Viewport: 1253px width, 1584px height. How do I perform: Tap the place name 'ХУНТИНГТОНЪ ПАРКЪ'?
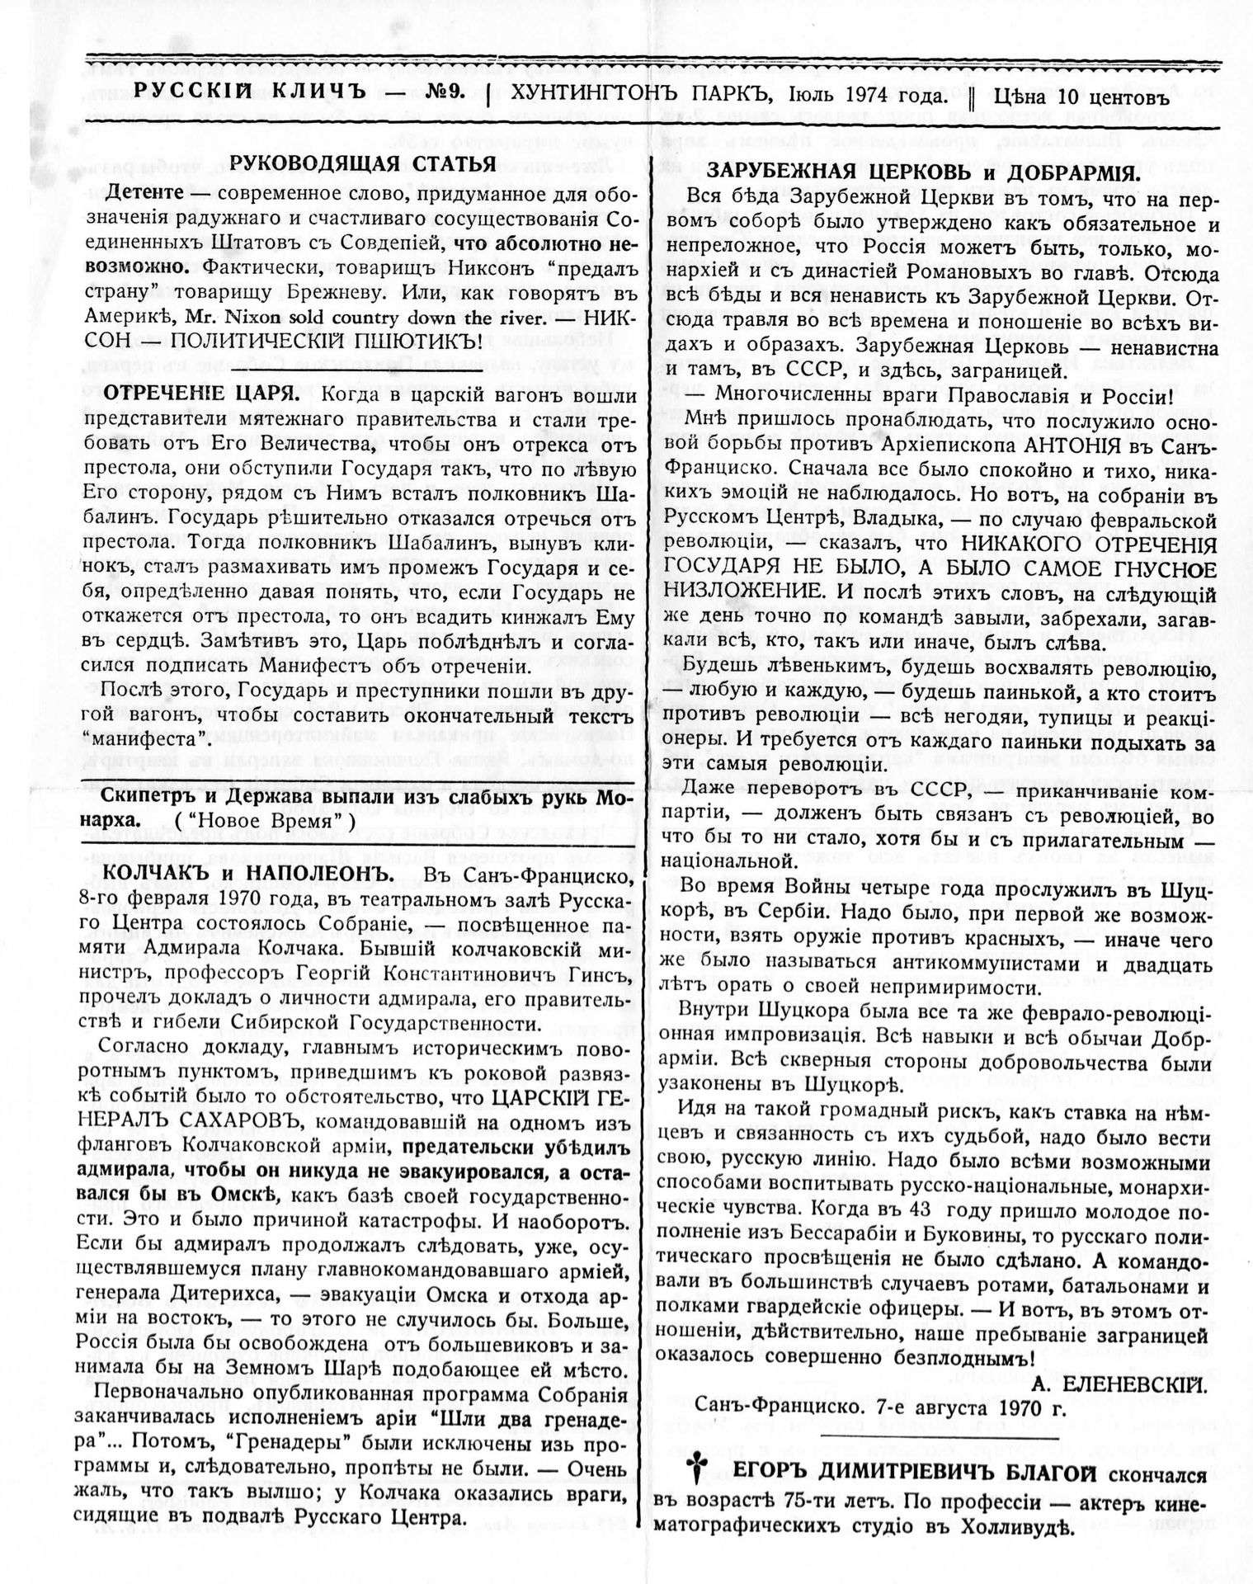(x=630, y=96)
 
